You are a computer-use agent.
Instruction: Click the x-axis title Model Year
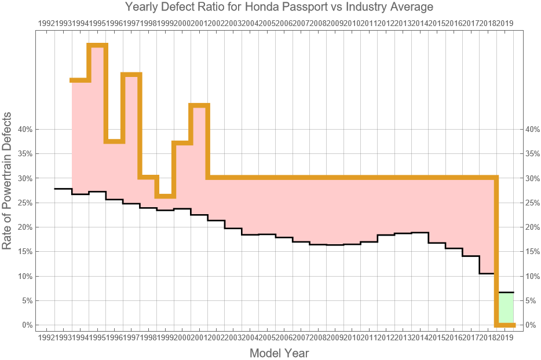point(279,352)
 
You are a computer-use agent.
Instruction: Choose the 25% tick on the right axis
point(533,203)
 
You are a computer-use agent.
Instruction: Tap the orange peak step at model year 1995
point(98,45)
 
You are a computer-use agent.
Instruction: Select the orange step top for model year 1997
point(131,75)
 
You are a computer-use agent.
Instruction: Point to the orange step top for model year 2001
point(199,105)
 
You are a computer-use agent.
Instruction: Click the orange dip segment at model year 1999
point(165,196)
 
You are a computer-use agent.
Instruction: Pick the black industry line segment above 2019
point(506,292)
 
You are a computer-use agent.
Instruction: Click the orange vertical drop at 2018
point(496,249)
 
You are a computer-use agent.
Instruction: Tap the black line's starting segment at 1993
point(63,189)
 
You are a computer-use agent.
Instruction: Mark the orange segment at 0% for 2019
point(506,325)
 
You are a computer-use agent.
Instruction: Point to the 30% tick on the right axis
point(533,178)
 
